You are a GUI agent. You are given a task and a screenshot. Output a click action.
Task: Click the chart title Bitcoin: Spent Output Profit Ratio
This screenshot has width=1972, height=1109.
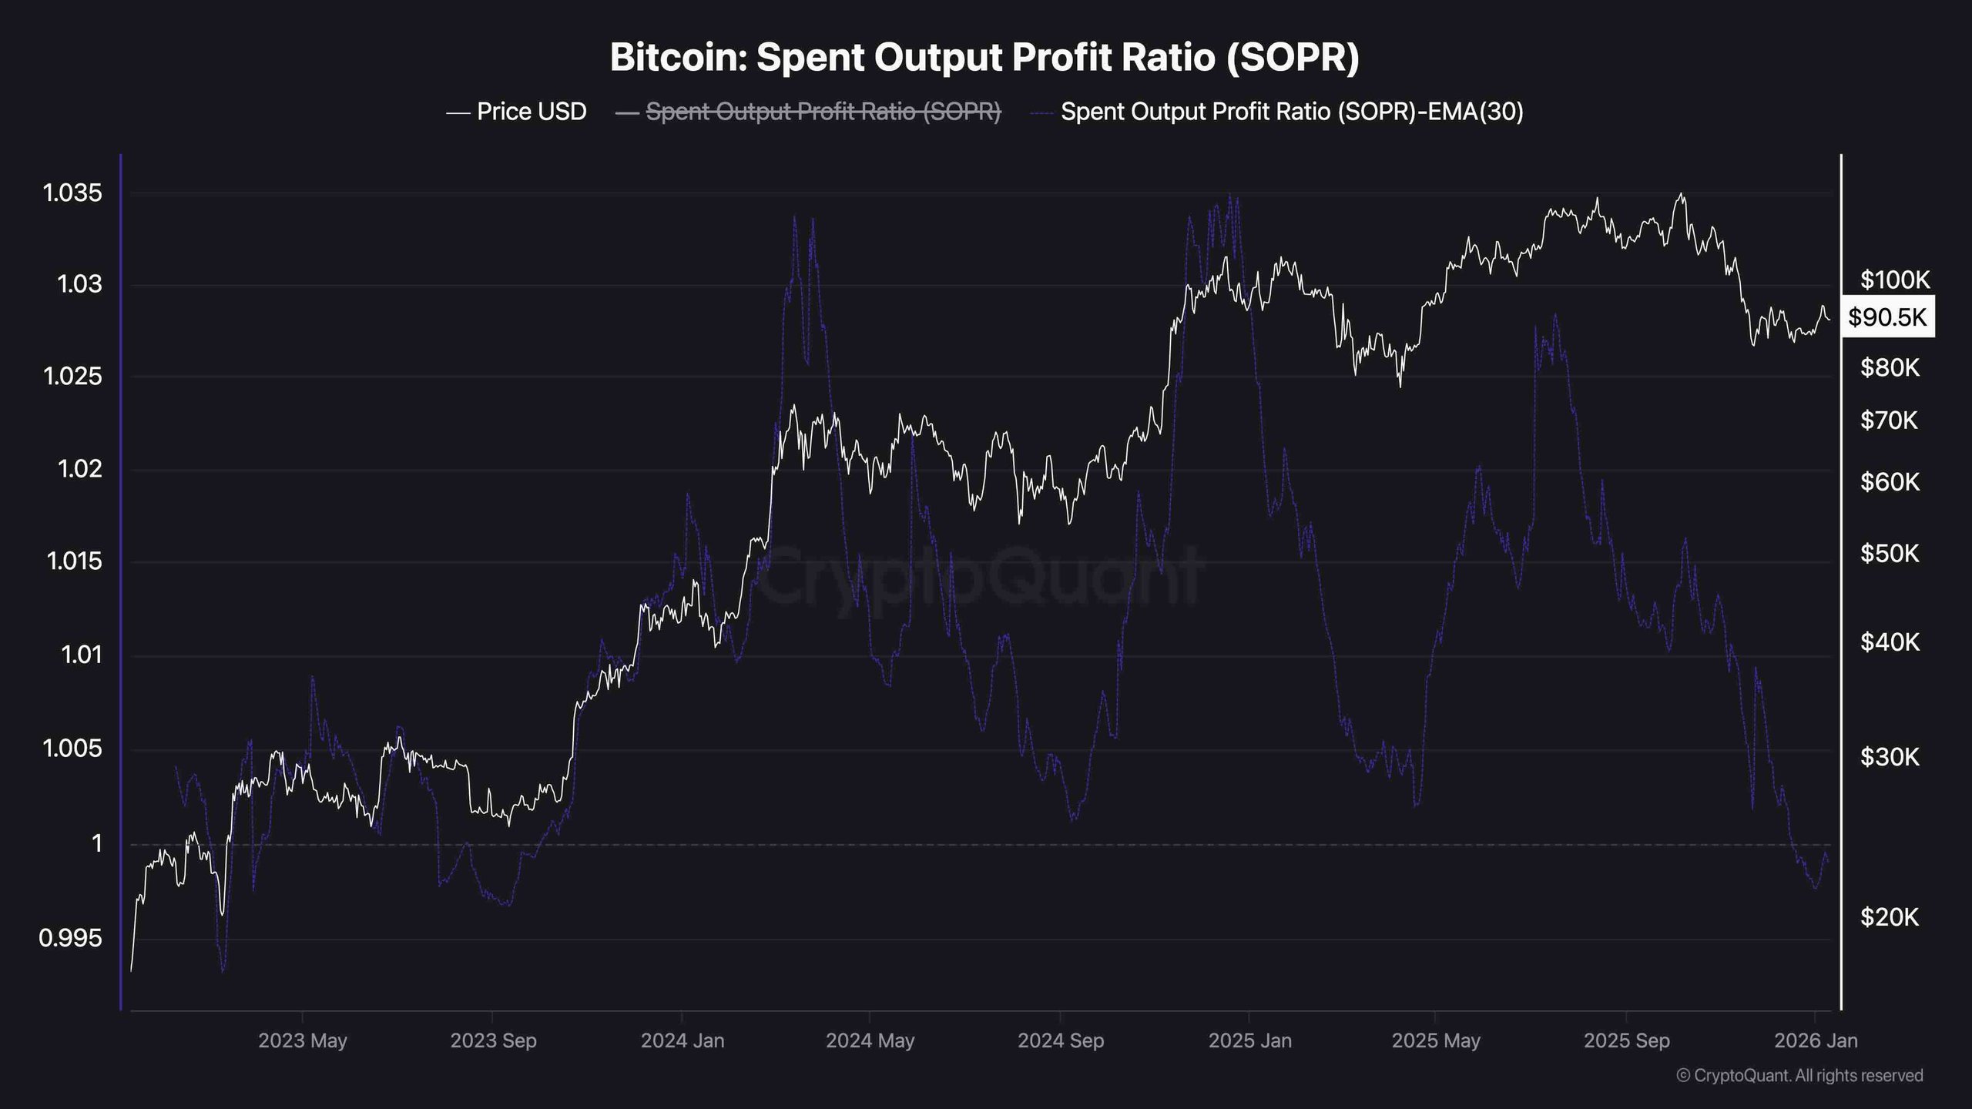(984, 58)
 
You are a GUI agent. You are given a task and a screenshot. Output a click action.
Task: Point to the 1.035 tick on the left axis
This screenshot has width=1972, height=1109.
(72, 193)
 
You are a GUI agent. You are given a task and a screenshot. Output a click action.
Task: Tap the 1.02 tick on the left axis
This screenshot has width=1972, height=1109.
(79, 469)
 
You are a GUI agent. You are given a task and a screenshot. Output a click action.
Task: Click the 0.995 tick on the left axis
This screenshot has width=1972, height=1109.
(70, 938)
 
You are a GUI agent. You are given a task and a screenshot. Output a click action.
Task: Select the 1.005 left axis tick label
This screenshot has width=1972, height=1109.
(72, 748)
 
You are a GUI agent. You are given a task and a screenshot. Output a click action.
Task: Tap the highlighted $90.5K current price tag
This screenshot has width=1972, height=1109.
(1886, 317)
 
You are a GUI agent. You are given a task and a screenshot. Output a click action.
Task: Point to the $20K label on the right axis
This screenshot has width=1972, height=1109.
(1890, 917)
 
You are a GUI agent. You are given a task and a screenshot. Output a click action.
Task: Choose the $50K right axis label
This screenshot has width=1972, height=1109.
(1890, 553)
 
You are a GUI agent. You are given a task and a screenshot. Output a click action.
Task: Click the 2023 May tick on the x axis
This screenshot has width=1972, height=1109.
(303, 1041)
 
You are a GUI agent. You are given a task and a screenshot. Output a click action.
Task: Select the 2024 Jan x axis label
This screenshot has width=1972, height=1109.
(682, 1041)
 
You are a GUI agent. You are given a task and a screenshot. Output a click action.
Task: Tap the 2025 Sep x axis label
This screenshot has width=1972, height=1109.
(1626, 1041)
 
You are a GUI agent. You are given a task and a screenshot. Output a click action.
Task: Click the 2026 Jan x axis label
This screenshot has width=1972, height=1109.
(1816, 1041)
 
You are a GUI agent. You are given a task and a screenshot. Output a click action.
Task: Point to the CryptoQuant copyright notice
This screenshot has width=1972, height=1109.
(1799, 1075)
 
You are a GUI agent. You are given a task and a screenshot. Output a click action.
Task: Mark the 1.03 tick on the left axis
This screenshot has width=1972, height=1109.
(79, 285)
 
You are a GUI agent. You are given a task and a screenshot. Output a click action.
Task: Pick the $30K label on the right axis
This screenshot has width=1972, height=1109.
(1890, 757)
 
